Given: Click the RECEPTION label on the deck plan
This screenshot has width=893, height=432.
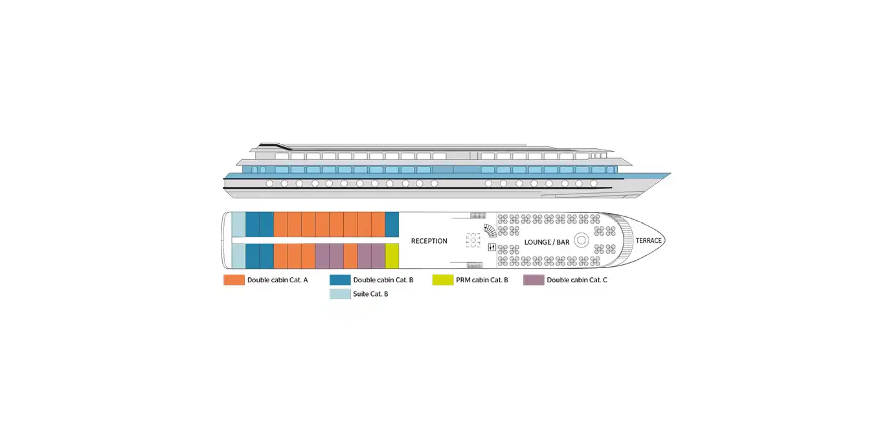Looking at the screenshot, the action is coord(429,241).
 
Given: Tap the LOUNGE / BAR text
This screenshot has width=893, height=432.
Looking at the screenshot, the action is coord(547,242).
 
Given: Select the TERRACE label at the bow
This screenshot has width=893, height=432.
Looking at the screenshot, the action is coord(649,240).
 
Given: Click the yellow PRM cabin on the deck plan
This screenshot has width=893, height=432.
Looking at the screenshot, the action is coord(392,256).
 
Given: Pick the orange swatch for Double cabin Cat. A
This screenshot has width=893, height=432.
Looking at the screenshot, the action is coord(234,280).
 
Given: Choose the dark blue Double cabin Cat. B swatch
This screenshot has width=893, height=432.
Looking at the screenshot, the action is coord(340,280).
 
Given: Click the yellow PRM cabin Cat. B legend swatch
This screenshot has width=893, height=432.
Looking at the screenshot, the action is coord(443,280).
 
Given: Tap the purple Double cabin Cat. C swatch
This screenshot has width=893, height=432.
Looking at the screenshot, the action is coord(534,280).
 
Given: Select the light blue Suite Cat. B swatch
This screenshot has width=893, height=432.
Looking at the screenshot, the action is coord(340,294).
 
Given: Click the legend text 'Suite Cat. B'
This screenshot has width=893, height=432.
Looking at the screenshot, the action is coord(370,294).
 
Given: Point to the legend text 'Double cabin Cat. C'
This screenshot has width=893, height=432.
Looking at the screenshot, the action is coord(577,280).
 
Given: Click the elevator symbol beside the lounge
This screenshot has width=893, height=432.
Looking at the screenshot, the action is coord(492,247).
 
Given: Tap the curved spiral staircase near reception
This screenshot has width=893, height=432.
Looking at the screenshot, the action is coord(490,231).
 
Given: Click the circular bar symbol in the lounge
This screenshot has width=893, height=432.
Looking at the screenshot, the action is coord(582,240).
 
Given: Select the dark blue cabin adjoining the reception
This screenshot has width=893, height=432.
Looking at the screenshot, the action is coord(392,225).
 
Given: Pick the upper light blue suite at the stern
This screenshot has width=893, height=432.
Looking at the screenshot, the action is coord(238,225).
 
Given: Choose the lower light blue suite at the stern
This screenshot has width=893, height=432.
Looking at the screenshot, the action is coord(238,256).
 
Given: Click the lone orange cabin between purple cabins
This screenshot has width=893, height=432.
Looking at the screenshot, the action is coord(350,256).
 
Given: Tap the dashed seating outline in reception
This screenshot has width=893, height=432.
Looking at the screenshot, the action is coord(473,240).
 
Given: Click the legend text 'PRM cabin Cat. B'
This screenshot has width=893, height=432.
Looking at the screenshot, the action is coord(482,280).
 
